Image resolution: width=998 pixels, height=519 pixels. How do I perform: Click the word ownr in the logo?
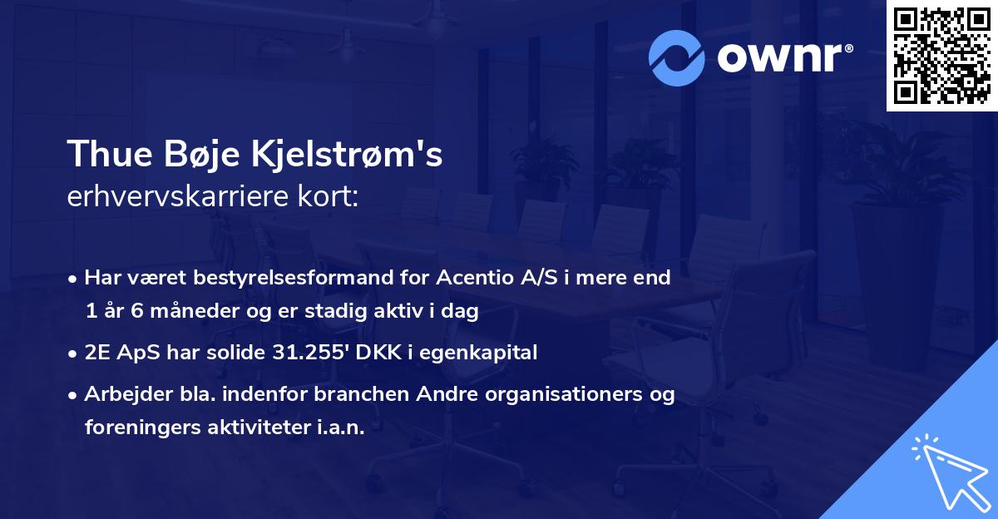coord(778,57)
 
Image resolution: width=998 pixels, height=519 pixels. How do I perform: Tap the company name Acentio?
coord(468,278)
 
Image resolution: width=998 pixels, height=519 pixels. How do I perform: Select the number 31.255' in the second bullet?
coord(307,353)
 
